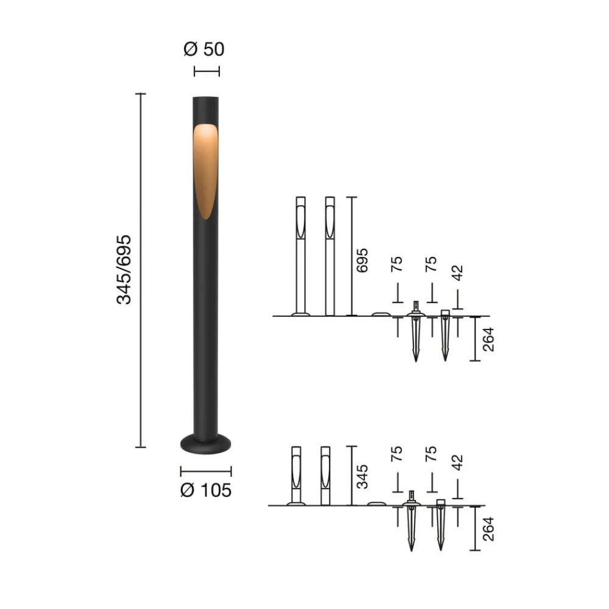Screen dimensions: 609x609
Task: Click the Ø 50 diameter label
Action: click(x=204, y=49)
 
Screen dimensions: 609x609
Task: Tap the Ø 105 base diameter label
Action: click(x=206, y=490)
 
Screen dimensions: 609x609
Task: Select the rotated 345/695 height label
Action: click(x=124, y=269)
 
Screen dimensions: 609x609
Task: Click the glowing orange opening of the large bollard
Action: click(x=206, y=167)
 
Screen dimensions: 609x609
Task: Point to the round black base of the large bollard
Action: click(x=206, y=444)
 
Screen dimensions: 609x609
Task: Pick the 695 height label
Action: click(x=362, y=261)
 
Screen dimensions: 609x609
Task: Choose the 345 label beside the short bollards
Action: click(x=362, y=476)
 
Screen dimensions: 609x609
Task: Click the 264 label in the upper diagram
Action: click(x=488, y=339)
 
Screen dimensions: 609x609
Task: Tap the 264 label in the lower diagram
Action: click(x=488, y=528)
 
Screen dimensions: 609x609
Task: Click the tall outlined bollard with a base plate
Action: click(x=300, y=256)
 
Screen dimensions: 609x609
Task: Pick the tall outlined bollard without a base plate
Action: click(x=330, y=256)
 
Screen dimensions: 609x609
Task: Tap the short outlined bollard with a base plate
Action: click(x=297, y=476)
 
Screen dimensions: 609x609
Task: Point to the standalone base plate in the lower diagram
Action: click(x=376, y=504)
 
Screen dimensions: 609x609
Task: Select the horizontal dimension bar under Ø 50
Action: click(x=206, y=71)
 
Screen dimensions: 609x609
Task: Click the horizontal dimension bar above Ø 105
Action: click(x=206, y=470)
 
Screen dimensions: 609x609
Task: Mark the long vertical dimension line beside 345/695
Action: click(x=141, y=270)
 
